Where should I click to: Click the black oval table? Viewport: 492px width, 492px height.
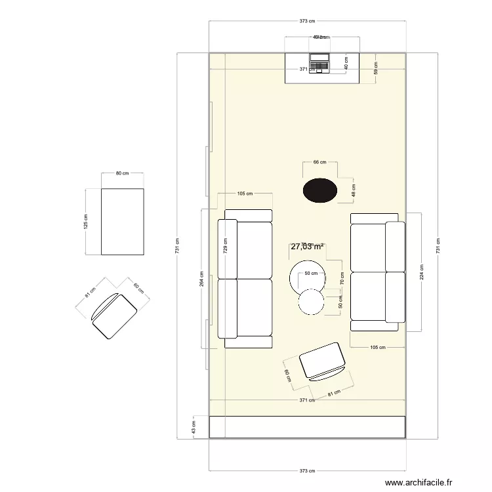(320, 190)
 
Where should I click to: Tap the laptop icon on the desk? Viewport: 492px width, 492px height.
(320, 63)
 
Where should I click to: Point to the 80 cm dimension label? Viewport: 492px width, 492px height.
(122, 173)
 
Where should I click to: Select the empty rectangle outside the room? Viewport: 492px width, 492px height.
(122, 222)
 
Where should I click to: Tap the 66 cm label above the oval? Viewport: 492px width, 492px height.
(319, 161)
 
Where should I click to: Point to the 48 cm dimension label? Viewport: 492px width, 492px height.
(354, 190)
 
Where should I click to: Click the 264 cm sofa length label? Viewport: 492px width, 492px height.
(202, 279)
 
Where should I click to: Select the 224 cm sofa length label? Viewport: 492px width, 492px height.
(421, 272)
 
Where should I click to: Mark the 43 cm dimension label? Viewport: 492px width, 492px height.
(193, 427)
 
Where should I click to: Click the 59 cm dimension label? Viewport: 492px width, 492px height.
(376, 67)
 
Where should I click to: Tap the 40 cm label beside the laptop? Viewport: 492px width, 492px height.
(346, 63)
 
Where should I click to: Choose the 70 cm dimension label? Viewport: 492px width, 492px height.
(342, 277)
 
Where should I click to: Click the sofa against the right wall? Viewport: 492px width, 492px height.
(378, 272)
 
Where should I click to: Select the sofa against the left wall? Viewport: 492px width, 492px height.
(245, 279)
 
